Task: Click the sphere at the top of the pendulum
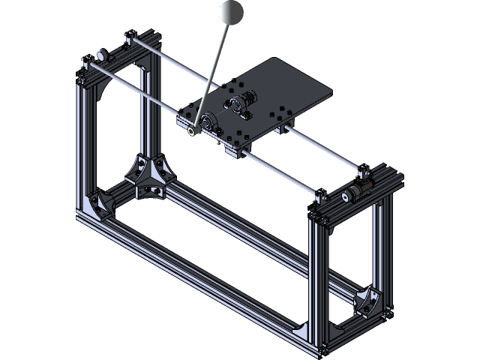(x=231, y=11)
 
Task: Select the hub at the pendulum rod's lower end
(x=194, y=130)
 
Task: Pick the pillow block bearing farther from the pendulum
(x=241, y=103)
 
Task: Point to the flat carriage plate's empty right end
(x=307, y=91)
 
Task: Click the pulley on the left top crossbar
(x=100, y=57)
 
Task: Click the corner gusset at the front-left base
(x=98, y=205)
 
